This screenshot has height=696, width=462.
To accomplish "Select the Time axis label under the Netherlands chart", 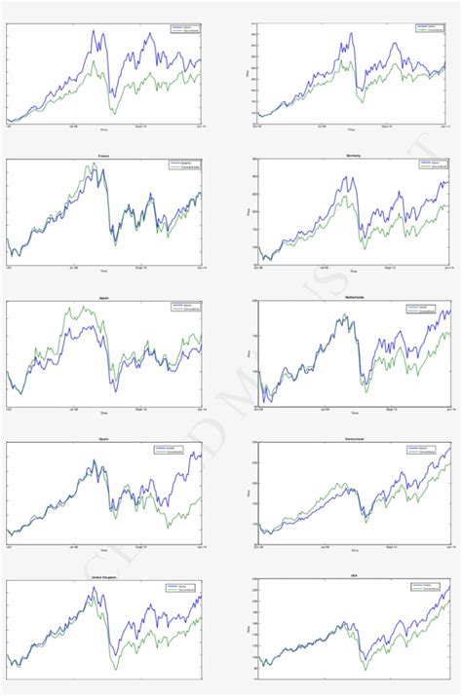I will [354, 413].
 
